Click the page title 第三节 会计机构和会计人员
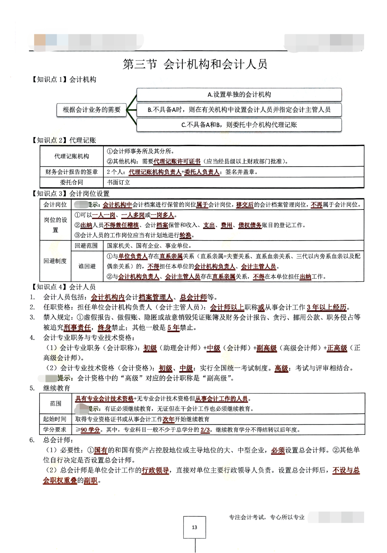coord(195,64)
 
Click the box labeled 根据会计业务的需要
coord(92,110)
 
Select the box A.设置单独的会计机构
coord(239,95)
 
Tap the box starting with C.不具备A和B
coord(239,125)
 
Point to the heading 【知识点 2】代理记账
coord(64,140)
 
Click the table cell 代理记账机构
coord(72,156)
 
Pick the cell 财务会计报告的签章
coord(72,172)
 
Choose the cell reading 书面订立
coord(119,182)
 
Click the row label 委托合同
coord(72,182)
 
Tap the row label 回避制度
coord(55,261)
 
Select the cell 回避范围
coord(86,246)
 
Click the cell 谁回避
coord(86,266)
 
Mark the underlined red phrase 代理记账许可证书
coord(177,161)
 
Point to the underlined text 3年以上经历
coord(326,307)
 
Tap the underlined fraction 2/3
coord(205,430)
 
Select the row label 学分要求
coord(55,430)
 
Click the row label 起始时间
coord(55,419)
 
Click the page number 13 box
coord(194,527)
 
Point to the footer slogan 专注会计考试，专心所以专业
coord(267,517)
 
